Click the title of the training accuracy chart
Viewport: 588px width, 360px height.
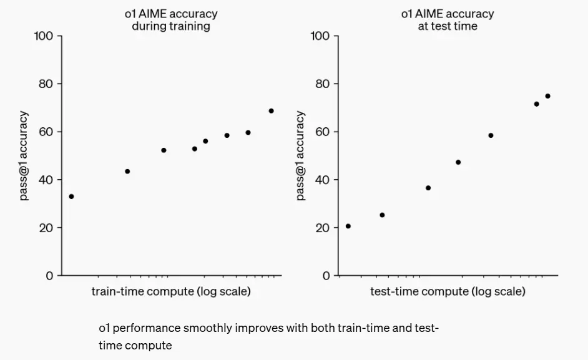click(170, 20)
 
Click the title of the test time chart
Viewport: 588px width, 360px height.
click(447, 20)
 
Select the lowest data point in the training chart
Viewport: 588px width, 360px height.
click(71, 197)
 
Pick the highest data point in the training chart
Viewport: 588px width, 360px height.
click(271, 111)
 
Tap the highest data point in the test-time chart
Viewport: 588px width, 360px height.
click(547, 96)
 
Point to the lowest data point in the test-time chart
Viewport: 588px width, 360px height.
click(348, 226)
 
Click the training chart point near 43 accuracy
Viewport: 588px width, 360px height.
click(127, 171)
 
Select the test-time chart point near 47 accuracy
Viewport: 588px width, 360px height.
click(458, 162)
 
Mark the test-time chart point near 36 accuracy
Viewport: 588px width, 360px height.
click(428, 188)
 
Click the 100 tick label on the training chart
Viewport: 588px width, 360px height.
click(44, 36)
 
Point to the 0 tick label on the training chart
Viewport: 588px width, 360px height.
click(49, 276)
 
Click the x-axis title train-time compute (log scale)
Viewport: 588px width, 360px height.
click(171, 291)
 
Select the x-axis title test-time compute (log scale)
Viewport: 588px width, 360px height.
click(448, 291)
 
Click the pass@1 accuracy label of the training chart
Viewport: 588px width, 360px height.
click(24, 156)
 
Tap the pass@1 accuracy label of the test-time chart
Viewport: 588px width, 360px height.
click(301, 156)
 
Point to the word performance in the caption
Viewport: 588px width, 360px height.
click(140, 328)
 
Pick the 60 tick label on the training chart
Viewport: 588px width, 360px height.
click(46, 132)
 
